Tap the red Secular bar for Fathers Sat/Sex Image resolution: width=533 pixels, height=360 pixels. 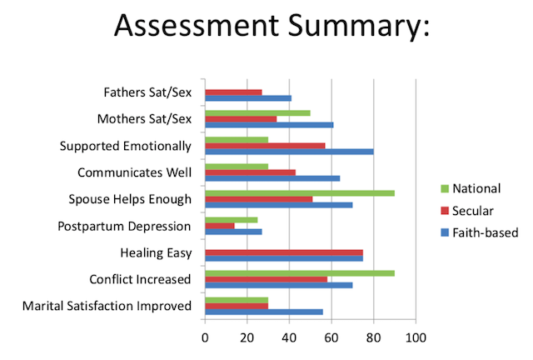click(233, 92)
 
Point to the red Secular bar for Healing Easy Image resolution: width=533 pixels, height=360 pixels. click(284, 252)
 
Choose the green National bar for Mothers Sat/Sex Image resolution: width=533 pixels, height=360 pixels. click(257, 112)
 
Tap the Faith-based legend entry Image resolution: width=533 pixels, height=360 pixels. click(480, 232)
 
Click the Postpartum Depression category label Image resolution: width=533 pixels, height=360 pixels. click(124, 226)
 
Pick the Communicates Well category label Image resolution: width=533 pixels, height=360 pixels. click(134, 172)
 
